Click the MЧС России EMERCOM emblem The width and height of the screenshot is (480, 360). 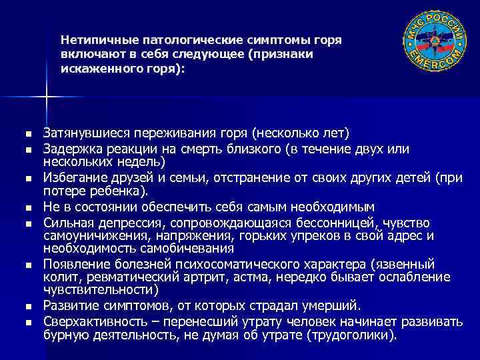click(435, 40)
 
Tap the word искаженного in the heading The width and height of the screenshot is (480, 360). click(95, 69)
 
